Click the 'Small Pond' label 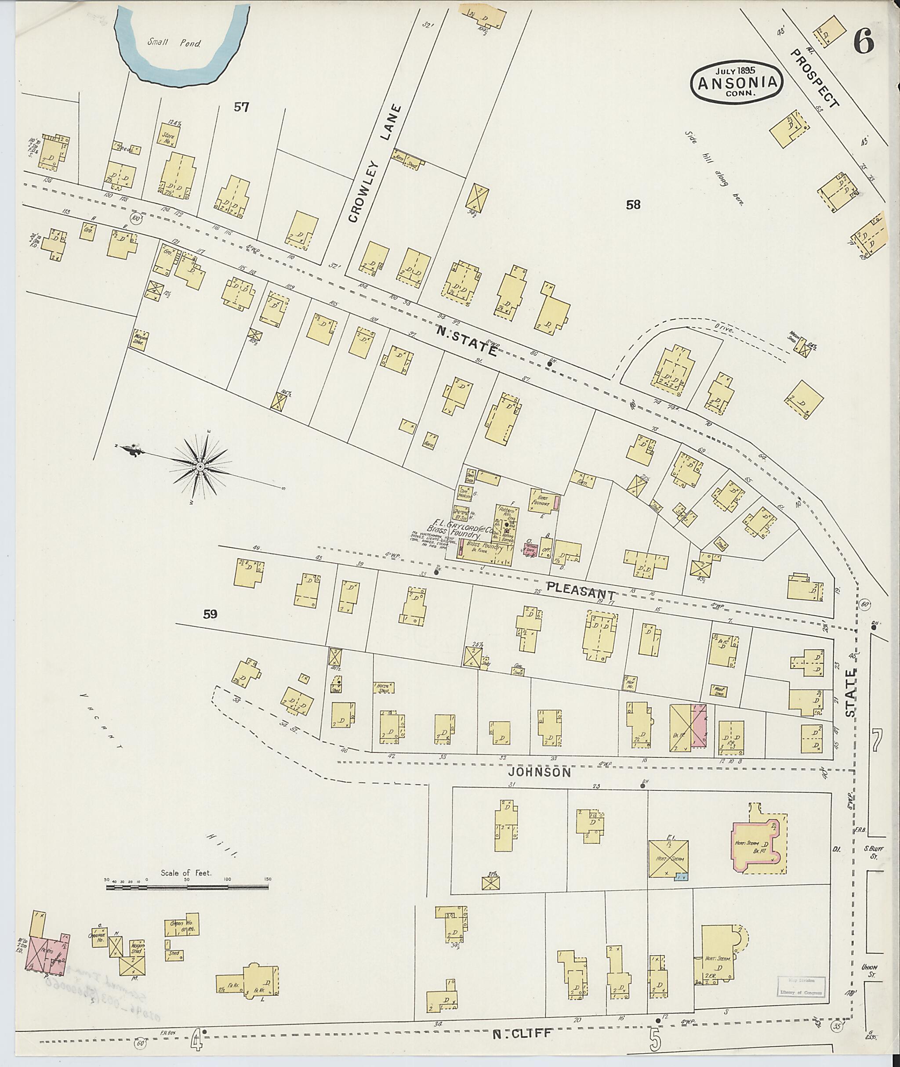(174, 44)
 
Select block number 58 (633, 205)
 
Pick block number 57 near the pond (241, 107)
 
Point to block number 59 (210, 615)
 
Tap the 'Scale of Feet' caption (186, 873)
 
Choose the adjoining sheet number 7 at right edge (876, 741)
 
